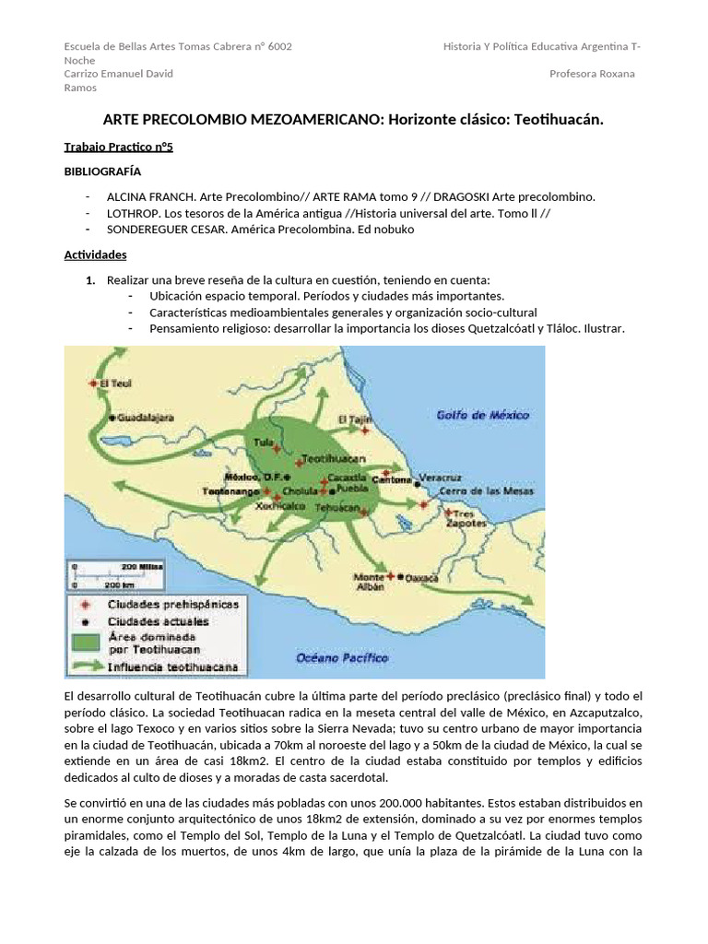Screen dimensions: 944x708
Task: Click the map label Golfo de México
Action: click(x=483, y=416)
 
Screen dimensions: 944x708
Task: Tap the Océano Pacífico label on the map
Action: click(x=341, y=658)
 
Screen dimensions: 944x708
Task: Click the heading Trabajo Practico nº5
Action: click(x=118, y=147)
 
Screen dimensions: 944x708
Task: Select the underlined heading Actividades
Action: click(x=95, y=254)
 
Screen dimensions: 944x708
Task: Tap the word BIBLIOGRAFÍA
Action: click(x=102, y=171)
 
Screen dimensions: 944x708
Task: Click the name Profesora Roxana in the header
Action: click(x=591, y=74)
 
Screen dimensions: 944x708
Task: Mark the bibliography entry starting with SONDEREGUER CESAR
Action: click(x=260, y=229)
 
